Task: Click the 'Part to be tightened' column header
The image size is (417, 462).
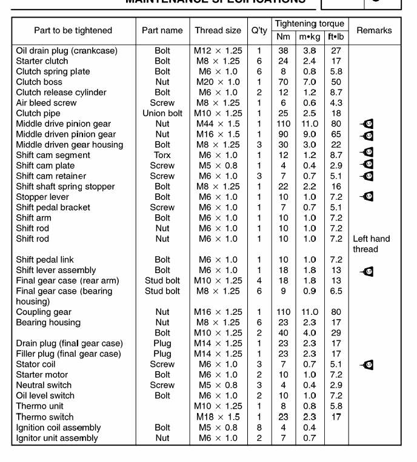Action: pos(73,30)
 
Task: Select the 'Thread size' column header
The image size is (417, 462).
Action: pos(218,30)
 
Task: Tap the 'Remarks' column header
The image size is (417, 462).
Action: pos(374,30)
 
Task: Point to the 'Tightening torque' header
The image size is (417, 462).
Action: pos(309,24)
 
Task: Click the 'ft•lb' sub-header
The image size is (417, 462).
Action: pos(335,37)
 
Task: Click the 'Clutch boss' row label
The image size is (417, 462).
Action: pos(39,82)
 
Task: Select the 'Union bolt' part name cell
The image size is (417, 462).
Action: pos(162,113)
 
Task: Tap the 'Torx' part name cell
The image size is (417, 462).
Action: pos(162,155)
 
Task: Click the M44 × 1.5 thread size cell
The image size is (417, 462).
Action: pos(218,124)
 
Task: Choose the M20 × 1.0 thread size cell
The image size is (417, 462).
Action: pos(218,82)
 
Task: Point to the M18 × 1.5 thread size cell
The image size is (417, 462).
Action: pos(218,417)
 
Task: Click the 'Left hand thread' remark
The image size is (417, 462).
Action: pos(372,244)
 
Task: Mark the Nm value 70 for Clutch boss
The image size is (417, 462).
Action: pos(283,82)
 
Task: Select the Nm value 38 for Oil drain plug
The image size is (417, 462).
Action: pos(283,51)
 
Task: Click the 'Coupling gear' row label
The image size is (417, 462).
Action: pos(44,312)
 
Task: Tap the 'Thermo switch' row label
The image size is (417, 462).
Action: pos(45,417)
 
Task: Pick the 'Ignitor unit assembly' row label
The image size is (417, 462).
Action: pos(57,438)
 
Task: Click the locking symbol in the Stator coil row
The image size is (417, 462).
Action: pos(367,365)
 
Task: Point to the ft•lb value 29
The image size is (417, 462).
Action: pos(336,333)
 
